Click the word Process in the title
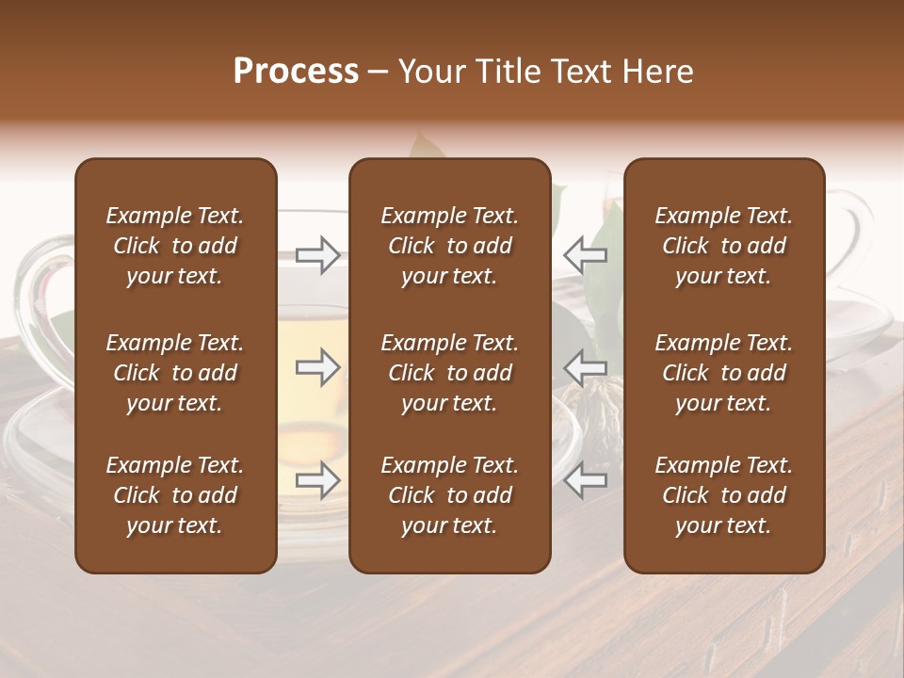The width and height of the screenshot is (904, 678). point(296,72)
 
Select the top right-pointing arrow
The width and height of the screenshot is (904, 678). point(318,254)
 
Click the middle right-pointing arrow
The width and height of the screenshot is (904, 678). point(318,367)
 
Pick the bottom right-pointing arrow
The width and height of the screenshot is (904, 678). point(318,480)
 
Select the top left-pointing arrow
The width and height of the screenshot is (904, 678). point(585,254)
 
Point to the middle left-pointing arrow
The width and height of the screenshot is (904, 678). point(585,367)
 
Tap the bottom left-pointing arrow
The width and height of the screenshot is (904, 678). point(585,480)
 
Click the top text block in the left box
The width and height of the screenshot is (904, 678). point(175,246)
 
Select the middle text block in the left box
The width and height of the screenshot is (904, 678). point(175,373)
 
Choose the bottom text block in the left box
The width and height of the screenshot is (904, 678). point(175,495)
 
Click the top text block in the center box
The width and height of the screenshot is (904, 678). point(449,246)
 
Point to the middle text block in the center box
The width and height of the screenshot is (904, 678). point(449,373)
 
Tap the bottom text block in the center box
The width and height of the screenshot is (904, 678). point(449,495)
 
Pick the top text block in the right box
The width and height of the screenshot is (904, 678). point(723,246)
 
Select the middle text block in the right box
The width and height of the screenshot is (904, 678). point(723,373)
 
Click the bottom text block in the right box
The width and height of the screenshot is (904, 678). point(723,495)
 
